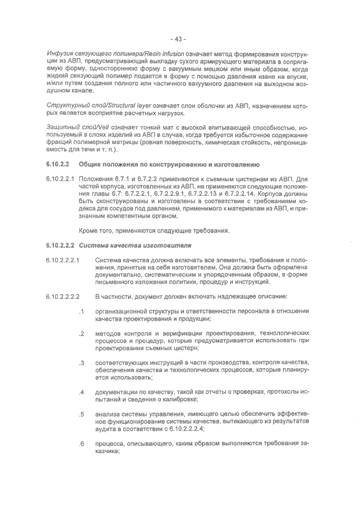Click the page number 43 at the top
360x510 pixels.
coord(179,39)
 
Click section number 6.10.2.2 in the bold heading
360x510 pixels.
coord(56,164)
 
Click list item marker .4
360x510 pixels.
coord(82,392)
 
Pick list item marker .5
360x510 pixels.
coord(82,414)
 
